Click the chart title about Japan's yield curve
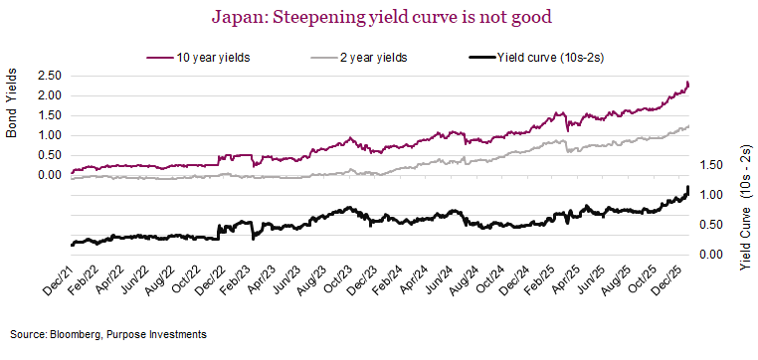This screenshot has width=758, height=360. (379, 16)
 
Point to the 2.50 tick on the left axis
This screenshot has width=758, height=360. (49, 76)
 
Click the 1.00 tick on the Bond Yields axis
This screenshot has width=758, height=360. (49, 135)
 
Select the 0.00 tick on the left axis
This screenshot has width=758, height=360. (49, 175)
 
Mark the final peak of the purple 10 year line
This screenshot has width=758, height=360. (685, 84)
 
